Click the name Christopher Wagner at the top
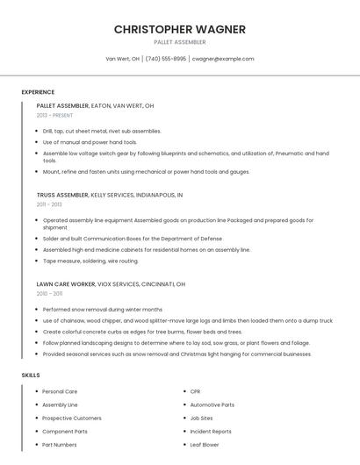179,30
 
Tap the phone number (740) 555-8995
166,59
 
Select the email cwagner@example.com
223,59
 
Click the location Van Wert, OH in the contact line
122,59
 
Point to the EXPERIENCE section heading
38,91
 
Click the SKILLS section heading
31,375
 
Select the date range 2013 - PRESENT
54,115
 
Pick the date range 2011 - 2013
49,204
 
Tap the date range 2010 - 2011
49,294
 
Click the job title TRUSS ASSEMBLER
62,195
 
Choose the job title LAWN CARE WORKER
66,284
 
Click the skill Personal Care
60,391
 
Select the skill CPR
196,391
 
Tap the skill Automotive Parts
212,404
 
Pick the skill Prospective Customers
72,418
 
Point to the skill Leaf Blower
205,445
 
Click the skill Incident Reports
211,432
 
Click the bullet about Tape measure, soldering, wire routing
90,261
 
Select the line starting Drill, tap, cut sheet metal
102,131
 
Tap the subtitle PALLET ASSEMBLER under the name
179,42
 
